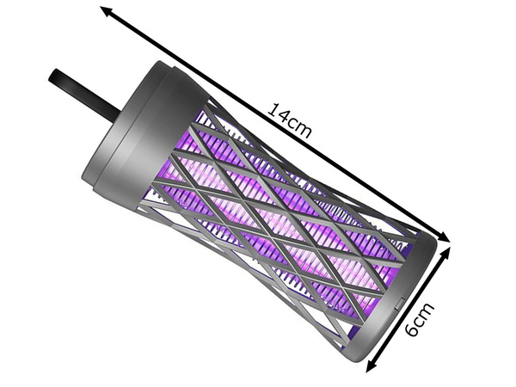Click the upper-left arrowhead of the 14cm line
pos(105,10)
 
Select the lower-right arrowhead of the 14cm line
pos(445,238)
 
